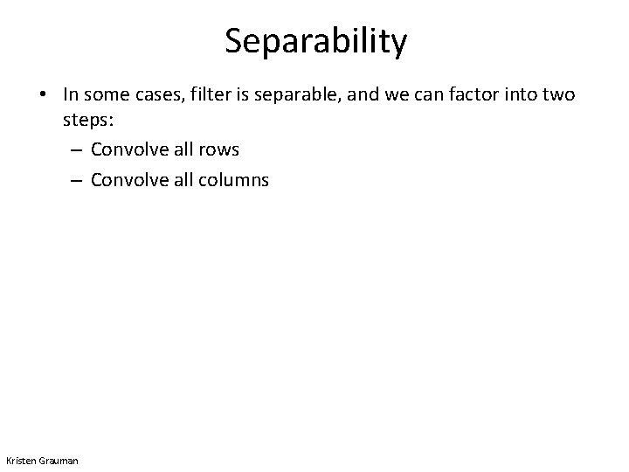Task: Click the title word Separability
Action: coord(314,41)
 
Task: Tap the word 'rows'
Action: coord(219,149)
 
